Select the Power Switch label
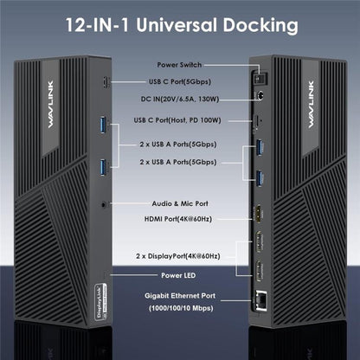point(180,65)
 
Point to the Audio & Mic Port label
point(180,203)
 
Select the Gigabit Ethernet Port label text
point(180,296)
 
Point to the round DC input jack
point(257,97)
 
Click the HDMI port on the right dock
point(259,214)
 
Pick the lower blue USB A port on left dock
point(104,165)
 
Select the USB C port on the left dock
point(105,83)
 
